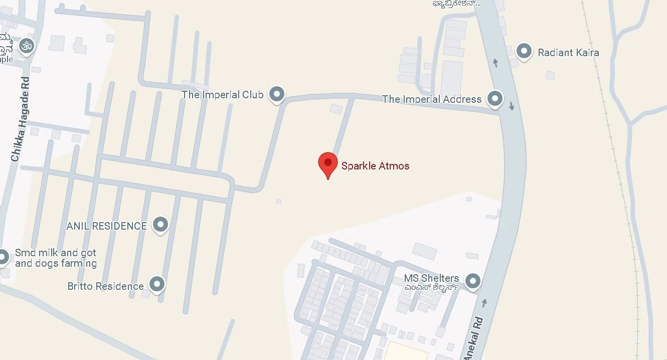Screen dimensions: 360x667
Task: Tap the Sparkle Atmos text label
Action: click(x=375, y=166)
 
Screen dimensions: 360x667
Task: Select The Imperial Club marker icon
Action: click(x=277, y=94)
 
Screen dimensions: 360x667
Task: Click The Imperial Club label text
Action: click(x=222, y=94)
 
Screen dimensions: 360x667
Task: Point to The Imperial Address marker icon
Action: click(x=495, y=98)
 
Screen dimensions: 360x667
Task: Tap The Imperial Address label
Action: click(x=432, y=99)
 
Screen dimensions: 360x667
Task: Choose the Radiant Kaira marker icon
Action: click(x=524, y=51)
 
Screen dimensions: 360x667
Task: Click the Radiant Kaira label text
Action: click(x=568, y=52)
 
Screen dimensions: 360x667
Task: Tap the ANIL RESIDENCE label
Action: click(x=106, y=226)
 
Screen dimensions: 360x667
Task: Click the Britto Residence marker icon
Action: click(x=157, y=284)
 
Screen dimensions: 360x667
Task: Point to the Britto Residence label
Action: click(x=105, y=286)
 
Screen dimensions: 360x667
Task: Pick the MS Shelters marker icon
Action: click(x=472, y=281)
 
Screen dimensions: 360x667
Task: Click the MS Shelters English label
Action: click(x=431, y=278)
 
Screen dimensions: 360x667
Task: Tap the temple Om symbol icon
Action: click(x=27, y=46)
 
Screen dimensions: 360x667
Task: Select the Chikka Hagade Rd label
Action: click(x=20, y=119)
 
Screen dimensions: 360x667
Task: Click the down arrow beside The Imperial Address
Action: click(x=512, y=106)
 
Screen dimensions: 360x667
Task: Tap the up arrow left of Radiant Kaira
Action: click(x=495, y=63)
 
